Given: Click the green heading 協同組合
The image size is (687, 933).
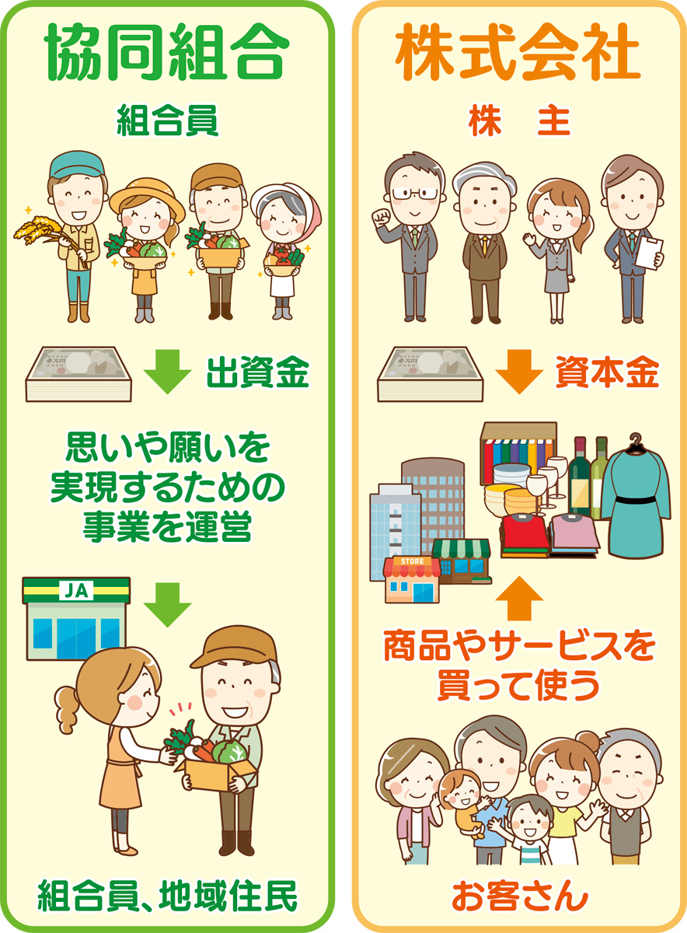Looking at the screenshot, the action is (x=166, y=52).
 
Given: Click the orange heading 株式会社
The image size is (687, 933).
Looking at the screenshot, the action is (x=518, y=52).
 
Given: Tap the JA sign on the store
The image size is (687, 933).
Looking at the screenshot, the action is (x=76, y=590).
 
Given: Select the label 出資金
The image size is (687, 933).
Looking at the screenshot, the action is (x=258, y=372).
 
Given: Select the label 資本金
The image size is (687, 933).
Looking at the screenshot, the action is (x=607, y=372).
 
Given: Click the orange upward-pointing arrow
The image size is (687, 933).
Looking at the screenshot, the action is (x=519, y=598).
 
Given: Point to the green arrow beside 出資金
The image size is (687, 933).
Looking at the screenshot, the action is (x=167, y=372).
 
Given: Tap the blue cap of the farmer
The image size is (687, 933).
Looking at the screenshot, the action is (x=77, y=165).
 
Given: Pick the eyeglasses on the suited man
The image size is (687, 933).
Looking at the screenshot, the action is (x=415, y=194).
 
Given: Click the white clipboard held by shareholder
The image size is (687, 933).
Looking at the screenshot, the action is (x=650, y=253).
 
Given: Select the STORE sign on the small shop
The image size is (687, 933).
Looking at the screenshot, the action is (x=412, y=561).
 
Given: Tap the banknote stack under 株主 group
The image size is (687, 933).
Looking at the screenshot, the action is (x=431, y=374).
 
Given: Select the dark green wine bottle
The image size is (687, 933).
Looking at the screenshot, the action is (x=580, y=476).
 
